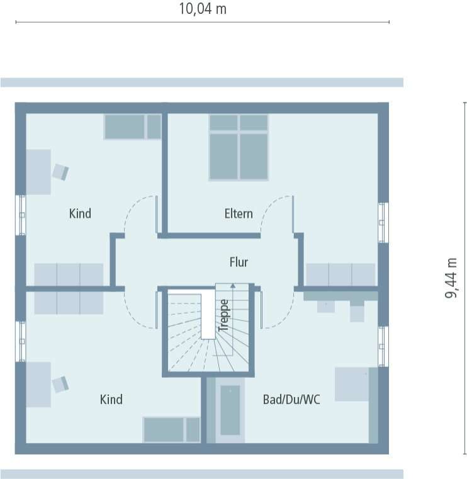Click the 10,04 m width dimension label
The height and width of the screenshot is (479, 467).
point(203,9)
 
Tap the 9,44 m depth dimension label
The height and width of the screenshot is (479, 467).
point(451,277)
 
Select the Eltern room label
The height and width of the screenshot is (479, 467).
point(239,213)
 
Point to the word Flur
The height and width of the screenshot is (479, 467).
point(239,262)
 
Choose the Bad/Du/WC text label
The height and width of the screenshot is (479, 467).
point(291,399)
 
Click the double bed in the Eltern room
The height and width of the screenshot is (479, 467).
point(239,147)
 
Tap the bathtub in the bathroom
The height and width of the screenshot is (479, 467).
point(230,410)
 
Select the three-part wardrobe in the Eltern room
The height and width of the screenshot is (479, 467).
point(340,274)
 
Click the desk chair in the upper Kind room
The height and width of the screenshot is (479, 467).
point(60,172)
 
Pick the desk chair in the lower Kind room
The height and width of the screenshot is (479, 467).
point(60,384)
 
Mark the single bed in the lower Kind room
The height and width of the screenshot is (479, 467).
point(171,429)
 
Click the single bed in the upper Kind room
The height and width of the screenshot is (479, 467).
point(133,127)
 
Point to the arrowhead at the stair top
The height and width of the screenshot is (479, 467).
point(233,286)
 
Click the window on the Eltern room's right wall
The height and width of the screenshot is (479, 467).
point(382,222)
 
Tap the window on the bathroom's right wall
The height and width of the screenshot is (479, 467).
point(382,346)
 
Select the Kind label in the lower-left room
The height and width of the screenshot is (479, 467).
point(111,399)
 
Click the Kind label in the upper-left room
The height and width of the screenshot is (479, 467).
point(80,213)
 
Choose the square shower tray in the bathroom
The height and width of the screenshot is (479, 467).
point(352,384)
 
